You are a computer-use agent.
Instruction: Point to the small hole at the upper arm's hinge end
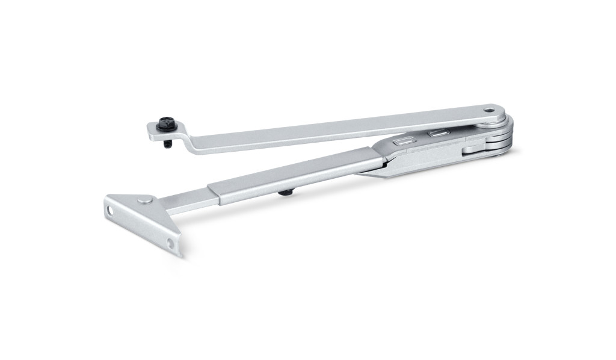[x=490, y=111]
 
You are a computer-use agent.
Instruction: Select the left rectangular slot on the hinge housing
[x=402, y=141]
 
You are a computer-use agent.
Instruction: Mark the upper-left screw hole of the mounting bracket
[x=110, y=211]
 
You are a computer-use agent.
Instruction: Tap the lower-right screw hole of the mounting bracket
[x=170, y=243]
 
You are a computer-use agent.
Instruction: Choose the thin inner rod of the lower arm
[x=186, y=202]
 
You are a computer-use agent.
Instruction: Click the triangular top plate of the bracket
[x=132, y=202]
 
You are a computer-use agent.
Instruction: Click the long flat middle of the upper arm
[x=337, y=126]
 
